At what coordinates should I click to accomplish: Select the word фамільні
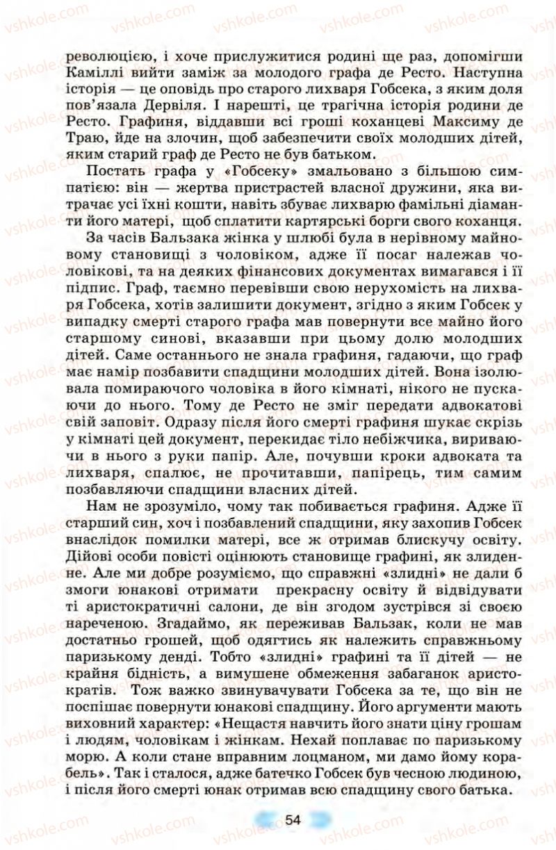(423, 205)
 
